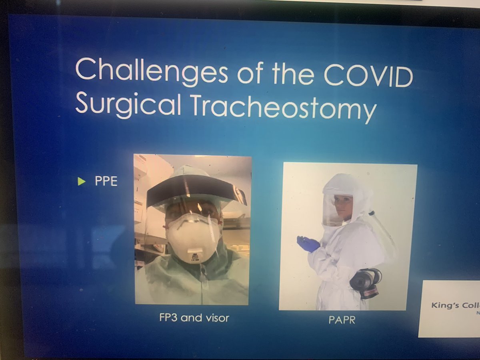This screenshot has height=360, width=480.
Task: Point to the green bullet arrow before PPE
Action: pos(82,182)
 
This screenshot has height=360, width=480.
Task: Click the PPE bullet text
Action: pos(106,182)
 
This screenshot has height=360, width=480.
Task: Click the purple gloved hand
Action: pos(308,243)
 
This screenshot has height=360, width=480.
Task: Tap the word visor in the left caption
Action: pos(216,319)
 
